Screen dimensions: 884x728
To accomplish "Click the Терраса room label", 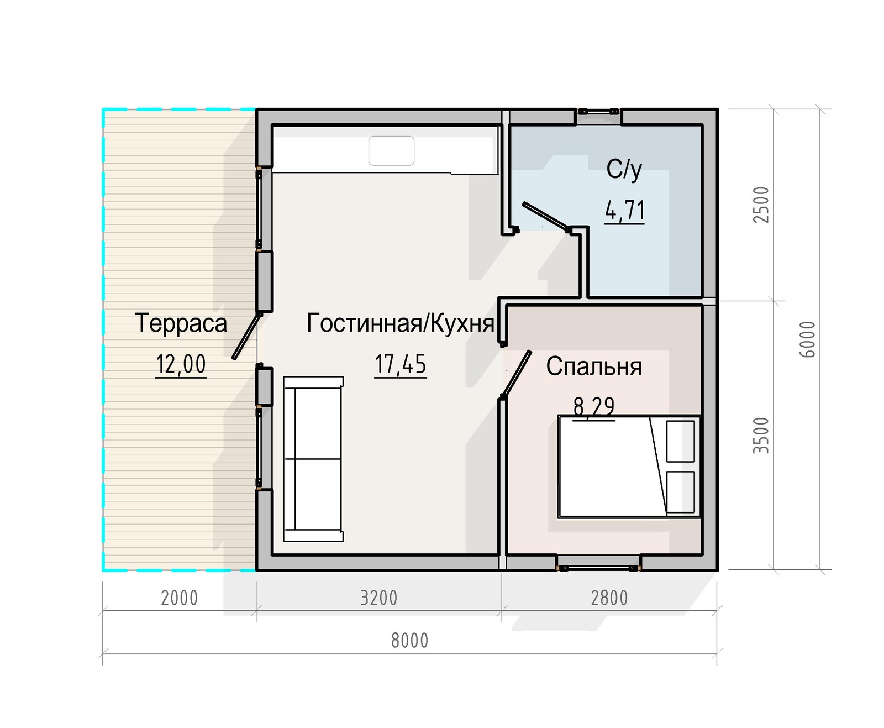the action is coord(181,323).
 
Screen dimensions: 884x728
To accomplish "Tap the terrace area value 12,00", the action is coord(181,364).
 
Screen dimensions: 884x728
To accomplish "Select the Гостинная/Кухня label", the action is coord(401,323).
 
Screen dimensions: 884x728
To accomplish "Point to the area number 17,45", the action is coord(401,364).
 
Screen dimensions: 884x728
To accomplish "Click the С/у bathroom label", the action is coord(624,170).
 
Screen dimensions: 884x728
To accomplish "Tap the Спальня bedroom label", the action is coord(593,366).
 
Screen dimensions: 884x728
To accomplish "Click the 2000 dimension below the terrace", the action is coord(179,599).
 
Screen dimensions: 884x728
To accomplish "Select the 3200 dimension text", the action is coord(378,599).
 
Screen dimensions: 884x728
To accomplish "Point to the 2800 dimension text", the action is coord(609,599).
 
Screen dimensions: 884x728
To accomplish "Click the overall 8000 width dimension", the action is coord(409,641).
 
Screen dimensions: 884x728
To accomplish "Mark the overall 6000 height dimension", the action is coord(807,339).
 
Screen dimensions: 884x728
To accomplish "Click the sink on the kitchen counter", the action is coord(391,150).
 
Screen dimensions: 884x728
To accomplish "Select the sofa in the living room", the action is coord(313,459).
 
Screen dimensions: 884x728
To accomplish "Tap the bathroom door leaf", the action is coord(546,216).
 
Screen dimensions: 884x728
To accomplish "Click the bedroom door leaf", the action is coord(517,374).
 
